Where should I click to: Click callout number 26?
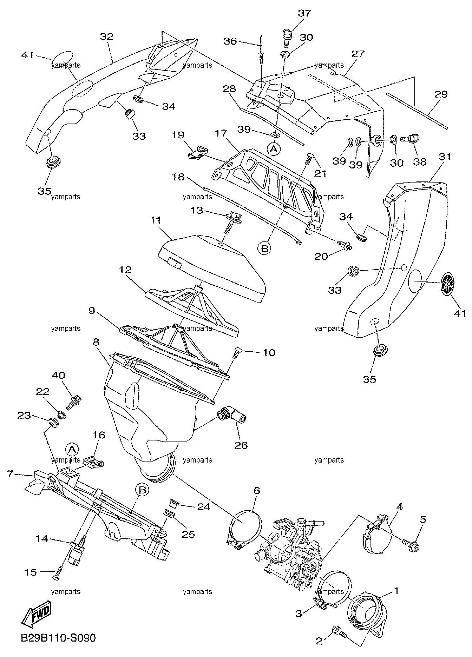click(241, 445)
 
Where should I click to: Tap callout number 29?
click(441, 94)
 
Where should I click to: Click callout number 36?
click(231, 41)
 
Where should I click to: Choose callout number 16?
click(99, 435)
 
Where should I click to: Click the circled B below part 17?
click(265, 248)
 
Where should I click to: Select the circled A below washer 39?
click(274, 149)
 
